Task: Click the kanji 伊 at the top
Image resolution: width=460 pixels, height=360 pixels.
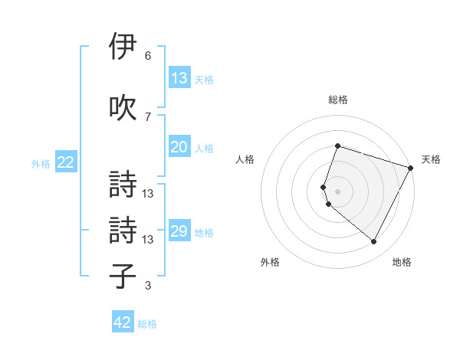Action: coord(123,47)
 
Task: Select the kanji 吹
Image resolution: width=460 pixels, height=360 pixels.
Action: coord(123,107)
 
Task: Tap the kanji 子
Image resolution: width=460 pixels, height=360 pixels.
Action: coord(123,277)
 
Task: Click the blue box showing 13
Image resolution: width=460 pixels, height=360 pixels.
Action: coord(179,78)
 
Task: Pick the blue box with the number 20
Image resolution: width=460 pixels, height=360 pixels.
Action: coord(179,148)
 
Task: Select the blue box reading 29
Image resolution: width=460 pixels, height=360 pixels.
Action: coord(179,232)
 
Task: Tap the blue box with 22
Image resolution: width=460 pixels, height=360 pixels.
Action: coord(65,162)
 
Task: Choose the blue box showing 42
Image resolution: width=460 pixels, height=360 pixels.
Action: coord(123,323)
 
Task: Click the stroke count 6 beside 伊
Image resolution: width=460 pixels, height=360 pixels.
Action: coord(147,56)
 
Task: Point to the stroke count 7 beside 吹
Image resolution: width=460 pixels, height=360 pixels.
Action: coord(147,116)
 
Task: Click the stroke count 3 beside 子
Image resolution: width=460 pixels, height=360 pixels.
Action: coord(147,286)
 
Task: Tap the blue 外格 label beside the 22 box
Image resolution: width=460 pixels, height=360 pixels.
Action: coord(41,163)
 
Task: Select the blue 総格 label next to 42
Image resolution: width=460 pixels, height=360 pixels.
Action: coord(147,324)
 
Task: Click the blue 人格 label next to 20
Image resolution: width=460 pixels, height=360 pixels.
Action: coord(204,149)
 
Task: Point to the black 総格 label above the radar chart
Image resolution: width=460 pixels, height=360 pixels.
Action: coord(338,100)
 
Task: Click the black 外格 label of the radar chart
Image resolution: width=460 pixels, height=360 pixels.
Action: coord(270,262)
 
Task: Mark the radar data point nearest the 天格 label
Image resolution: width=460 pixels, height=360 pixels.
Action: coord(411,168)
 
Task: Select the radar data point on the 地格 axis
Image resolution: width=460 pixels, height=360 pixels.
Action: coord(373,241)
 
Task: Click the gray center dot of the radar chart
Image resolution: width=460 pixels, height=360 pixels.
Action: coord(338,191)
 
